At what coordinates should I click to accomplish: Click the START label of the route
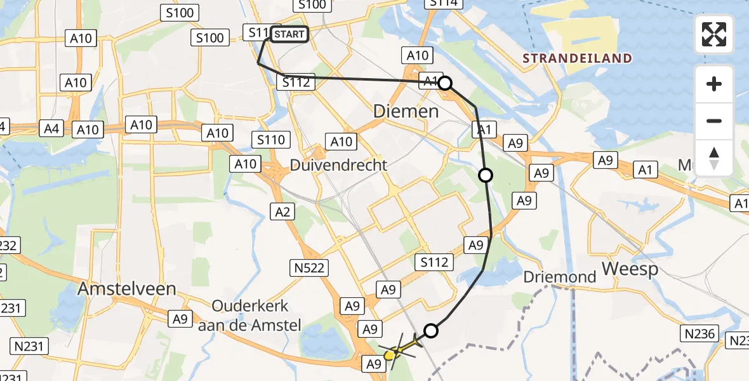pos(290,34)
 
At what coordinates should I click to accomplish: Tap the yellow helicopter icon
pos(396,351)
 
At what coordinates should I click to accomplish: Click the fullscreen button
pos(714,34)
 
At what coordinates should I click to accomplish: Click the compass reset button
pos(714,158)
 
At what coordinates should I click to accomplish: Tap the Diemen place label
pos(406,112)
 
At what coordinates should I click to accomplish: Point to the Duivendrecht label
pos(338,165)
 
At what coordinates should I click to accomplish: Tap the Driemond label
pos(560,277)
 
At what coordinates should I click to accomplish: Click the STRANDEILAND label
pos(577,59)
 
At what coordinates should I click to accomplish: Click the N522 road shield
pos(310,269)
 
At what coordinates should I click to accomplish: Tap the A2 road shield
pos(283,211)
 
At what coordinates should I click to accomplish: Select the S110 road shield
pos(271,140)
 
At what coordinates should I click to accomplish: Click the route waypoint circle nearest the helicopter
pos(431,330)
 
